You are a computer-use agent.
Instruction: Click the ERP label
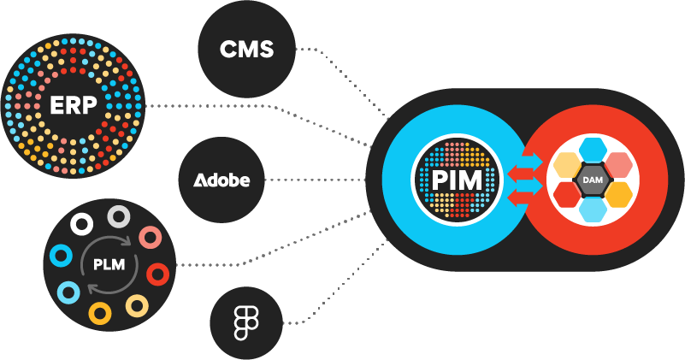pyautogui.click(x=73, y=105)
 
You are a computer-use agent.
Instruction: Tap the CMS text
pyautogui.click(x=247, y=49)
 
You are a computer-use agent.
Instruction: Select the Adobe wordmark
pyautogui.click(x=221, y=180)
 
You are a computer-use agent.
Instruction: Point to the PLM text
pyautogui.click(x=109, y=264)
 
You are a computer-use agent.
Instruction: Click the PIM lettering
pyautogui.click(x=457, y=180)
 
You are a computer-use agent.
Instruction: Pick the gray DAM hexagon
pyautogui.click(x=593, y=180)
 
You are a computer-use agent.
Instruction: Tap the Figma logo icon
pyautogui.click(x=247, y=323)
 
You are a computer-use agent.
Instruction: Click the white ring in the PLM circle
pyautogui.click(x=82, y=224)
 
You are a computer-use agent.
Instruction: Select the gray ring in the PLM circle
pyautogui.click(x=119, y=215)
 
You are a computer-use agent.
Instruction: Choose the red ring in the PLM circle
pyautogui.click(x=157, y=274)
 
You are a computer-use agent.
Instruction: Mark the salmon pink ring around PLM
pyautogui.click(x=151, y=238)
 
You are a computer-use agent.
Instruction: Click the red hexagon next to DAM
pyautogui.click(x=567, y=194)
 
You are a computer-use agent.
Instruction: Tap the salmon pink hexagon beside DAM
pyautogui.click(x=619, y=165)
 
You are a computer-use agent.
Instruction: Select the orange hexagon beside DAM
pyautogui.click(x=619, y=194)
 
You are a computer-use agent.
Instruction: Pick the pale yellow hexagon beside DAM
pyautogui.click(x=567, y=165)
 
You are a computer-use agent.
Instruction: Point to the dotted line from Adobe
pyautogui.click(x=316, y=180)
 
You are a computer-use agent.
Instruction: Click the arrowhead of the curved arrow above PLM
pyautogui.click(x=128, y=241)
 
